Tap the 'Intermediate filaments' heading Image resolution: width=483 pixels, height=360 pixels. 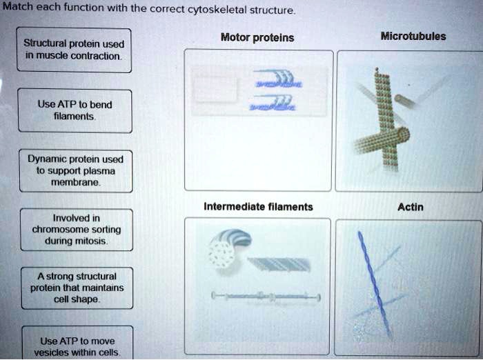tap(258, 206)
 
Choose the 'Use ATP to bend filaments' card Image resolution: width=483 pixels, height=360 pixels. tap(75, 110)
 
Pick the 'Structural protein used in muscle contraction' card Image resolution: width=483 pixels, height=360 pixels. tap(75, 50)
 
